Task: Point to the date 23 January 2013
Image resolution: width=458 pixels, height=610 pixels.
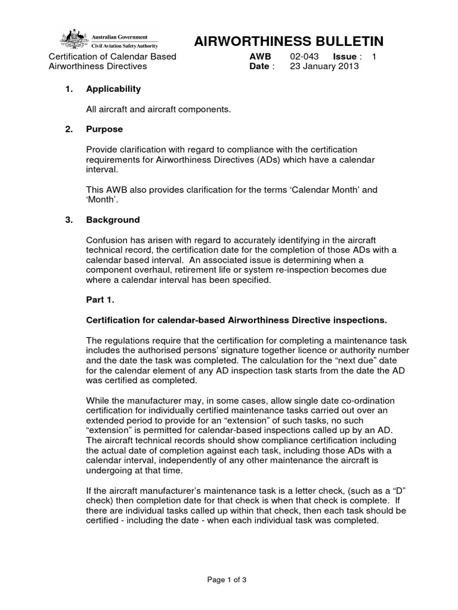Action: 324,67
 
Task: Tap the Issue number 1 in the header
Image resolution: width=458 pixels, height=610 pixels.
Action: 374,57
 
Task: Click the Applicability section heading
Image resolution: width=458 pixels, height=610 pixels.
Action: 113,89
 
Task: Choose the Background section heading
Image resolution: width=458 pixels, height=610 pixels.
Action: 113,220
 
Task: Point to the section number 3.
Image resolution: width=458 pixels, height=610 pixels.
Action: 69,220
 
